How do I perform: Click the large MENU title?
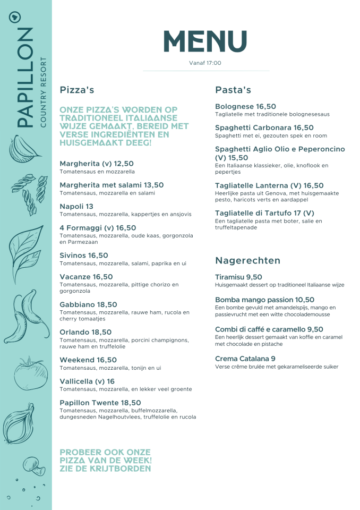point(205,42)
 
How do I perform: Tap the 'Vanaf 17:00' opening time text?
point(205,63)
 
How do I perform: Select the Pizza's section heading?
point(77,90)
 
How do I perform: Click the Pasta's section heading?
point(233,90)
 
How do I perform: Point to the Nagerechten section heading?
point(247,260)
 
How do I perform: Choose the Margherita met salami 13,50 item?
point(112,185)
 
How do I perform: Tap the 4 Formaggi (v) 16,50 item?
point(98,227)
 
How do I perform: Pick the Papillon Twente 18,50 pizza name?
point(100,403)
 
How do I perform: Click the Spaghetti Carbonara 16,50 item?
point(264,127)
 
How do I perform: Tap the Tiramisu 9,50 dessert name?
point(238,277)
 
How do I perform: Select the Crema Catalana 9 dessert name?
point(245,359)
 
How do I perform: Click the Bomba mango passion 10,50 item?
point(264,300)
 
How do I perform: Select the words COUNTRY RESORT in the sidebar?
point(44,93)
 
